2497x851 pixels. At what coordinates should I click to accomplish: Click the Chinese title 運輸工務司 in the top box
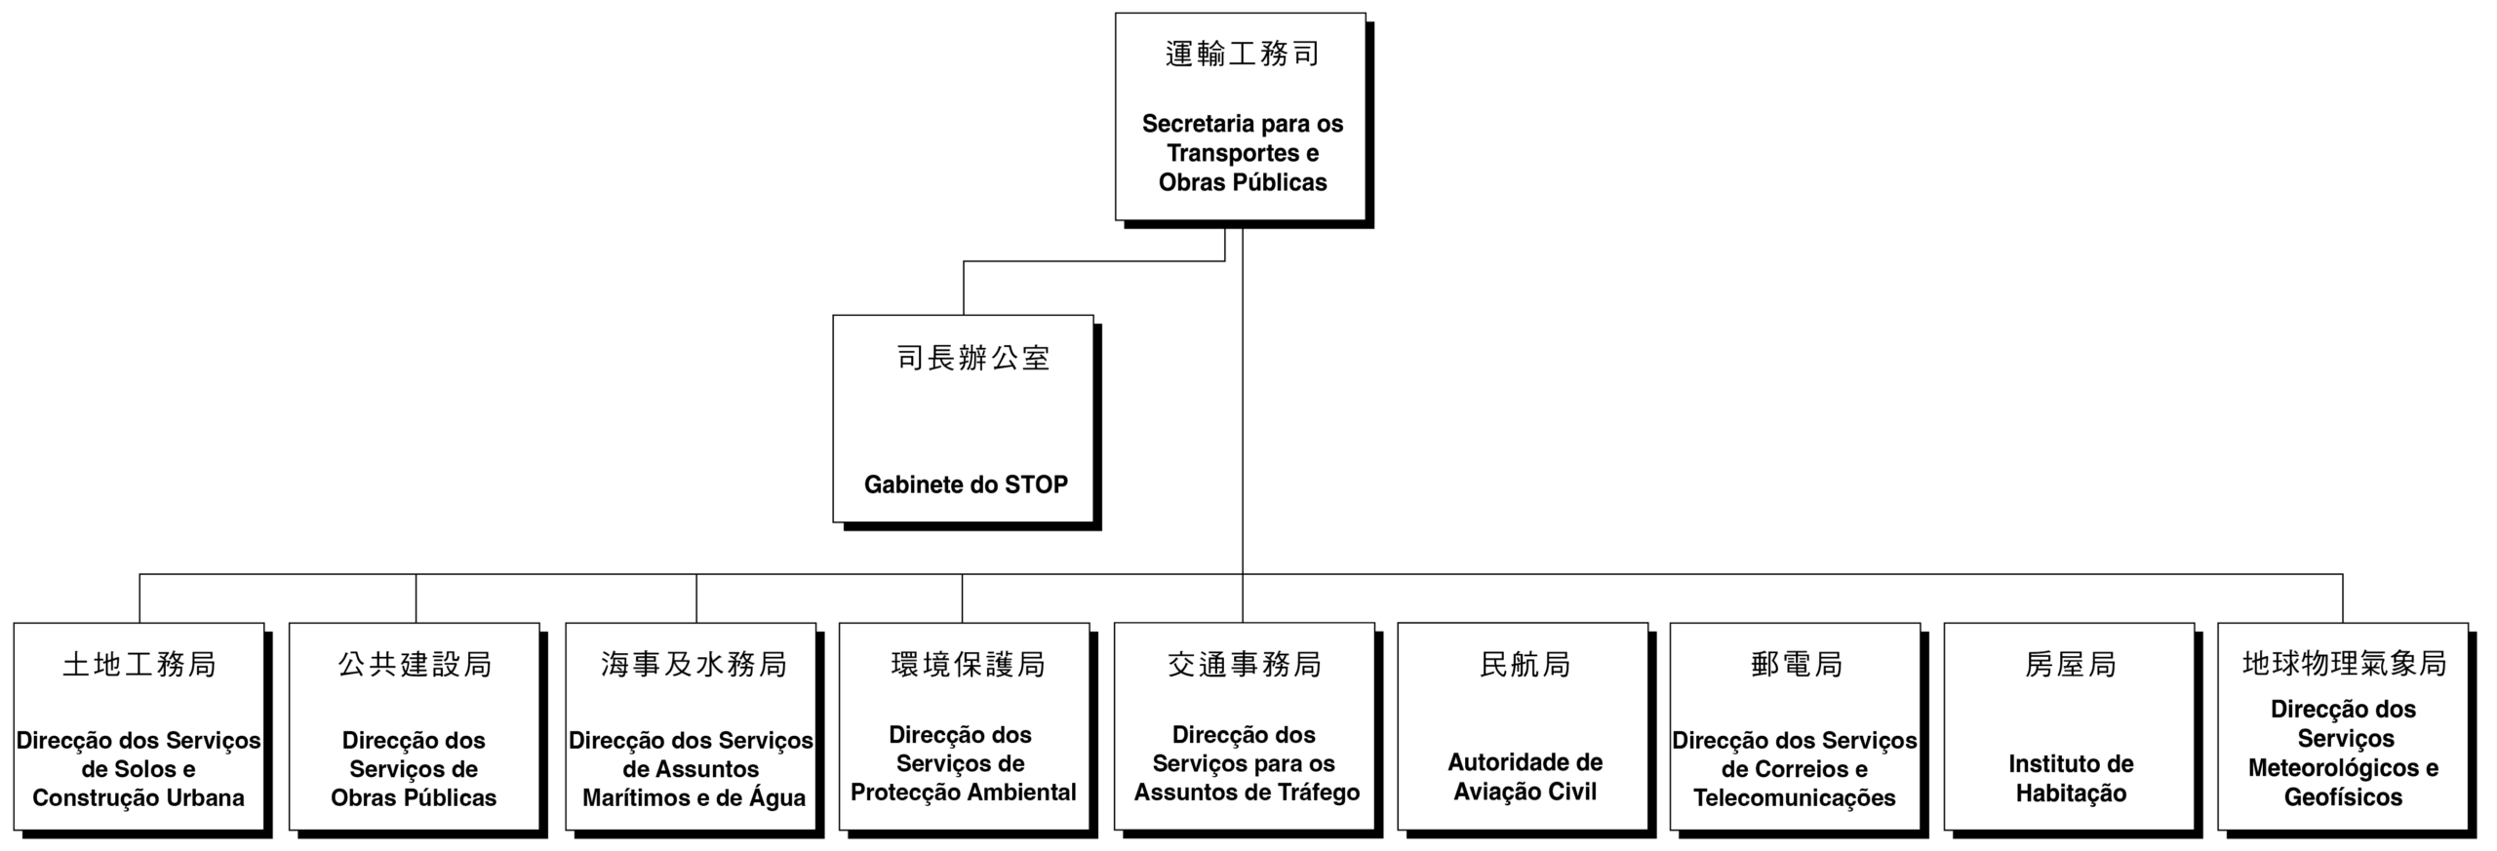coord(1242,54)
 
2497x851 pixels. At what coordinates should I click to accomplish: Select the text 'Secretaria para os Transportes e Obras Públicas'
coord(1243,153)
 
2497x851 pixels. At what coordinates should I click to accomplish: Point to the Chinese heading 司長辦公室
coord(972,358)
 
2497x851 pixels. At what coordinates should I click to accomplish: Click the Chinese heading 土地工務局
coord(139,664)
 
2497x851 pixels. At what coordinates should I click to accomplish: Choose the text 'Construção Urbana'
coord(139,797)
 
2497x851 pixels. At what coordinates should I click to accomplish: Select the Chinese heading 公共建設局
coord(415,664)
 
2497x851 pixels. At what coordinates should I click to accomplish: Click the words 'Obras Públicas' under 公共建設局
coord(414,797)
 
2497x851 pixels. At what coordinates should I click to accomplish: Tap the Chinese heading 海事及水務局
coord(694,664)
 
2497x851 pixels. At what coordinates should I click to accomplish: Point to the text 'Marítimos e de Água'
coord(694,797)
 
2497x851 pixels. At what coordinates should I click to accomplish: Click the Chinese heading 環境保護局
coord(968,664)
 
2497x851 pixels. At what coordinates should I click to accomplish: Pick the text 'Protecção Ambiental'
coord(964,792)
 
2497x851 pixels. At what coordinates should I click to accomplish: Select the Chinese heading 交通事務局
coord(1245,664)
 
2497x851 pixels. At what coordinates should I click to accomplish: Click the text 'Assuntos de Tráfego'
coord(1247,792)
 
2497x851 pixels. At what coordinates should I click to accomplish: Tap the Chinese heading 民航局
coord(1526,664)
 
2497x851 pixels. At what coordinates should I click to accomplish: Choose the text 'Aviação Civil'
coord(1526,791)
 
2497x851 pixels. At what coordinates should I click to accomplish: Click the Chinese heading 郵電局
coord(1796,664)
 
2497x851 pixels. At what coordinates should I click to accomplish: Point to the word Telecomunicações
coord(1795,797)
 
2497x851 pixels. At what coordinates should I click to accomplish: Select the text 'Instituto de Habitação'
coord(2071,778)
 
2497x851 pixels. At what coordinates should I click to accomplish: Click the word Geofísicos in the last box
coord(2343,796)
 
